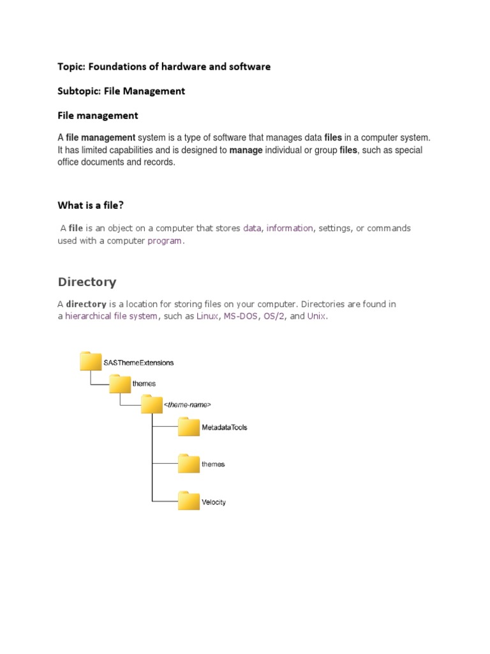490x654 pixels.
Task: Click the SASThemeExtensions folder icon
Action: tap(91, 361)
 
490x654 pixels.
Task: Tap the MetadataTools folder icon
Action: tap(189, 427)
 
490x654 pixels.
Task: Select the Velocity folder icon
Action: tap(189, 501)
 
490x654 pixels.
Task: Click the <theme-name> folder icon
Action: tap(152, 404)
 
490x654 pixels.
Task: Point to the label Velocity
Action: tap(214, 502)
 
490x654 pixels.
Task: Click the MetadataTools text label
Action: tap(225, 427)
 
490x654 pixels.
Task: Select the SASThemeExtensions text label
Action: tap(138, 362)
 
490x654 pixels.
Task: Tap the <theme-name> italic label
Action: tap(188, 405)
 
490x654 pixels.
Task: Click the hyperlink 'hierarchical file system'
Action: tap(111, 316)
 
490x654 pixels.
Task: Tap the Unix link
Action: tap(316, 316)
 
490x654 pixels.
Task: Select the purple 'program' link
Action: tap(165, 241)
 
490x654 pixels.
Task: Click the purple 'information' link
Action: tap(290, 228)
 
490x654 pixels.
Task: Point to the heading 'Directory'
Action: tap(87, 282)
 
